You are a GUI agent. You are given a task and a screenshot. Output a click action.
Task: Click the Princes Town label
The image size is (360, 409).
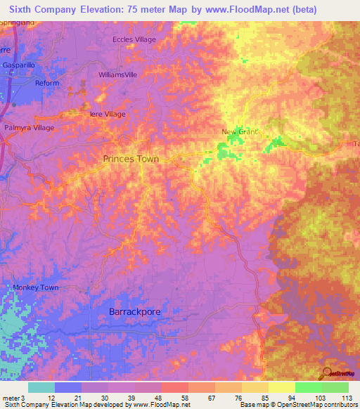pos(131,159)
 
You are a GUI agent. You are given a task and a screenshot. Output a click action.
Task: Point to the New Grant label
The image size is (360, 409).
pos(240,132)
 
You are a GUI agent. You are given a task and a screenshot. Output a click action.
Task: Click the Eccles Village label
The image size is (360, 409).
pos(134,39)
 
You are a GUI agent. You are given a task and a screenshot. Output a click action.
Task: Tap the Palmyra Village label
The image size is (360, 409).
pos(30,128)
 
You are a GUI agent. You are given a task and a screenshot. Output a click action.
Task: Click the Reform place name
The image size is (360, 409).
pos(48,83)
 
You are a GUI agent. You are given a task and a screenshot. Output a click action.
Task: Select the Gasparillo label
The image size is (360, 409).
pos(23,65)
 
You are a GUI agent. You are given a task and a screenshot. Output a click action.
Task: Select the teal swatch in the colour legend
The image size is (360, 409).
pos(41,387)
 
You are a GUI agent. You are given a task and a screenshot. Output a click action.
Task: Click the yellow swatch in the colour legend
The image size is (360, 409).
pos(281,387)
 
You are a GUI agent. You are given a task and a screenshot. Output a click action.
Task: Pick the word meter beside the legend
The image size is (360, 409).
pos(11,398)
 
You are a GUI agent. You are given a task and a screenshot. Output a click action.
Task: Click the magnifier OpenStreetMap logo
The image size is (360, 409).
pos(326,373)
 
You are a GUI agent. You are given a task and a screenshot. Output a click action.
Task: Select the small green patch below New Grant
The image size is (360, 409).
pos(226,150)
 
